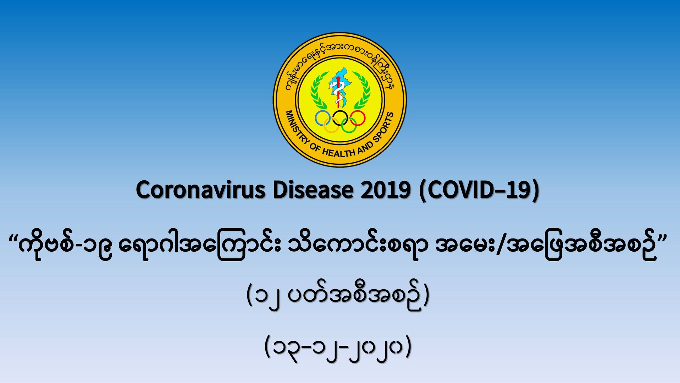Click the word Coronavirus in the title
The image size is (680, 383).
pos(200,190)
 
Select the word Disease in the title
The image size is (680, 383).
pos(313,190)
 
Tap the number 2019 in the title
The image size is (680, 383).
pos(386,190)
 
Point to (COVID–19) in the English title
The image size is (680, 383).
pos(479,191)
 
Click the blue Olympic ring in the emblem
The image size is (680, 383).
pos(323,118)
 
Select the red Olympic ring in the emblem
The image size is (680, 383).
pos(357,118)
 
